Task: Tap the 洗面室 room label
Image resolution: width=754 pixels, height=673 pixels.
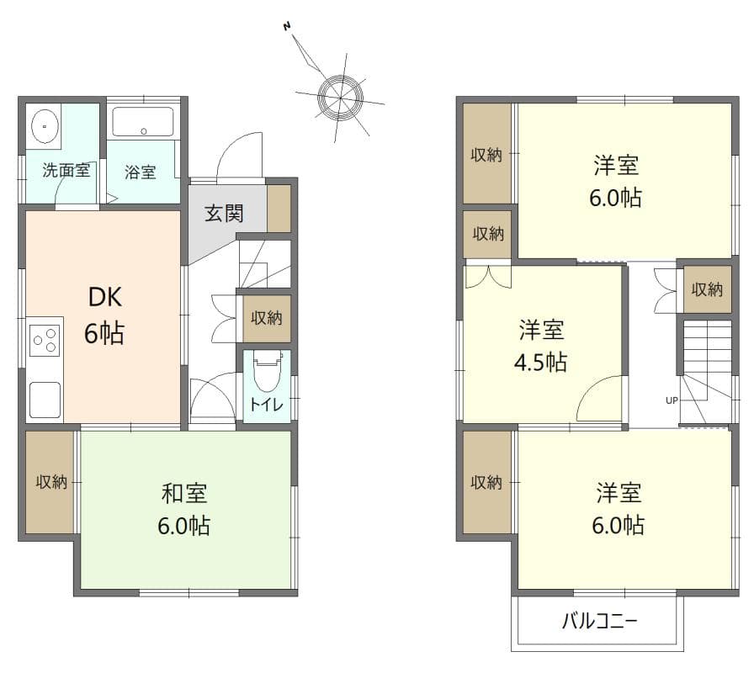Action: point(66,171)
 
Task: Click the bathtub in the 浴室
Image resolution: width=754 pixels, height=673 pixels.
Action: point(143,122)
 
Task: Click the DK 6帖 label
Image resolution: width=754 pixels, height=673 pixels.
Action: point(104,315)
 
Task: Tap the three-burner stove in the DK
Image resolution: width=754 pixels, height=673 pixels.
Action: point(45,341)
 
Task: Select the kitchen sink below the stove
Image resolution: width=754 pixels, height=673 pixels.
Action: point(45,399)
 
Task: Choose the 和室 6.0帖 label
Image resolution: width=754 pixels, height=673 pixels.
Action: point(183,509)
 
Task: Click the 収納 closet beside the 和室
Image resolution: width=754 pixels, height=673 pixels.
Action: point(50,482)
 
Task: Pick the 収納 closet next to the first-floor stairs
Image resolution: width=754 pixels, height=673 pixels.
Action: point(267,318)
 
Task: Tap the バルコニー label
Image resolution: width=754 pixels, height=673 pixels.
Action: point(599,623)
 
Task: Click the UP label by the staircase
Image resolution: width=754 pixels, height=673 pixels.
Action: point(672,400)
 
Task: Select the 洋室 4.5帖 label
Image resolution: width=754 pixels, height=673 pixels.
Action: point(541,345)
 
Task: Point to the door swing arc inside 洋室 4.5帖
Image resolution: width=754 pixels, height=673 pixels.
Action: point(599,400)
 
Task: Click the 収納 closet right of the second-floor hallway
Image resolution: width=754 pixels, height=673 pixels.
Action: point(706,289)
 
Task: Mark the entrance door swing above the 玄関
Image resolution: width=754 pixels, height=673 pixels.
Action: point(238,156)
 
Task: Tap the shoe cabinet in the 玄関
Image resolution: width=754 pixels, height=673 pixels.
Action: point(279,209)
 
